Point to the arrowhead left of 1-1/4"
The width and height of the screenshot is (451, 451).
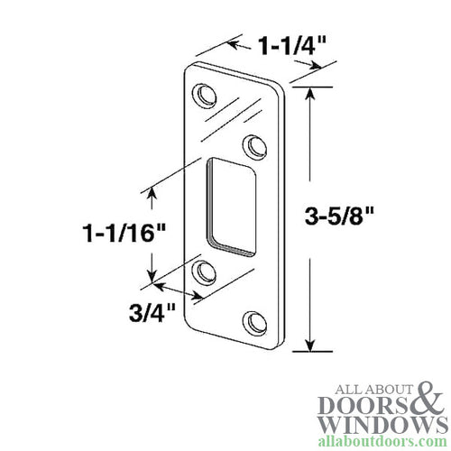(x=231, y=42)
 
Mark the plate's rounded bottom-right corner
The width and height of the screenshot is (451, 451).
(x=271, y=345)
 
